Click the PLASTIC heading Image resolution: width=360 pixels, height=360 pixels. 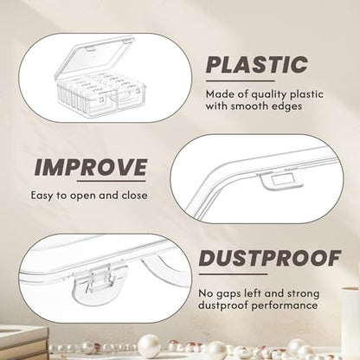(x=257, y=64)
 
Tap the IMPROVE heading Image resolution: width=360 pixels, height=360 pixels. (x=91, y=167)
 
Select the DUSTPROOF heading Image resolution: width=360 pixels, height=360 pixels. (x=270, y=258)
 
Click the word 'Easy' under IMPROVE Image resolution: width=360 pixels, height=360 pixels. (x=42, y=196)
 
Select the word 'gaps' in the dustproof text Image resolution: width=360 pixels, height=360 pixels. (x=227, y=294)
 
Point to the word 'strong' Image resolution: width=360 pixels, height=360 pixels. (x=303, y=294)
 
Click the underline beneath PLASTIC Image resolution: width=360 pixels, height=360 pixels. (x=241, y=81)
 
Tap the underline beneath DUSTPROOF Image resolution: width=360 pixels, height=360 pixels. (x=233, y=274)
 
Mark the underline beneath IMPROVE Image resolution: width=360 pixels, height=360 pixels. (x=112, y=181)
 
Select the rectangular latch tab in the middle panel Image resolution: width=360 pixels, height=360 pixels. (x=280, y=180)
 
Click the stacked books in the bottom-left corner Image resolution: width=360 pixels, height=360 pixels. (x=23, y=343)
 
